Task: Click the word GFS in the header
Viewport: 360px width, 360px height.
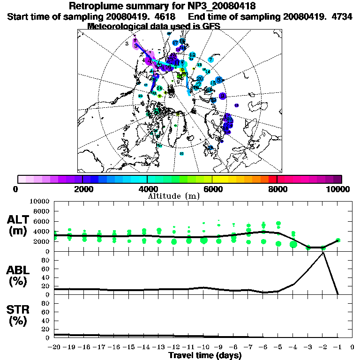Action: pyautogui.click(x=211, y=26)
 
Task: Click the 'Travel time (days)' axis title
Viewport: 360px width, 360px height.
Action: pyautogui.click(x=205, y=355)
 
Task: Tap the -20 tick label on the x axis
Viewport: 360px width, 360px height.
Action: pyautogui.click(x=54, y=348)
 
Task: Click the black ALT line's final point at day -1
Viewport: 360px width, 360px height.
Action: pyautogui.click(x=337, y=240)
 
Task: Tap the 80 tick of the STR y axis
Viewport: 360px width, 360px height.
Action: pyautogui.click(x=46, y=303)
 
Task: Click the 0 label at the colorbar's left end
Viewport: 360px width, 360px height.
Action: pyautogui.click(x=16, y=189)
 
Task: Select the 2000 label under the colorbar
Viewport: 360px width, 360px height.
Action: pyautogui.click(x=82, y=189)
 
